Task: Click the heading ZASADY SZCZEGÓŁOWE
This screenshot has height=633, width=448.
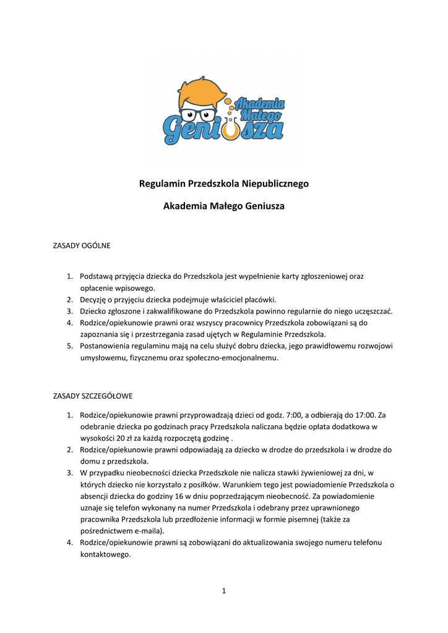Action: [92, 396]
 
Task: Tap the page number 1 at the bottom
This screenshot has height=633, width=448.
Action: [224, 591]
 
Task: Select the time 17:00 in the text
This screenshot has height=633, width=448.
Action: [364, 414]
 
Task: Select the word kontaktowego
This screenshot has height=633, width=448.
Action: [106, 554]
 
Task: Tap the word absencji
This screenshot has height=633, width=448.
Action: [95, 496]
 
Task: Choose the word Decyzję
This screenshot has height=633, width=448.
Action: [95, 299]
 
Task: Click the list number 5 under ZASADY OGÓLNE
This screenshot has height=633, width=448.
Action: [71, 346]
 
